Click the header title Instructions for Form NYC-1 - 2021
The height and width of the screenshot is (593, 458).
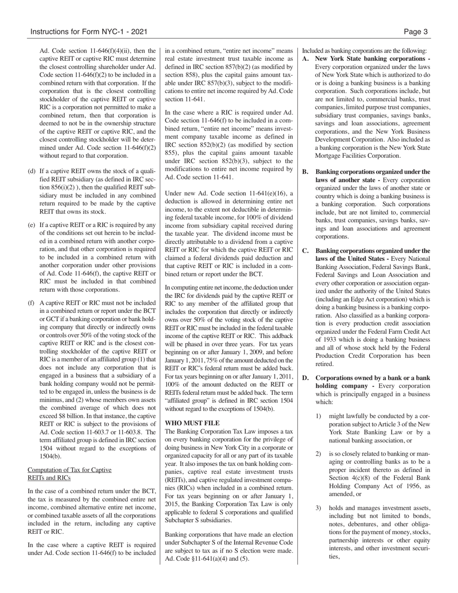89,32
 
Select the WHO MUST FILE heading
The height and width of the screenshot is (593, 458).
192,423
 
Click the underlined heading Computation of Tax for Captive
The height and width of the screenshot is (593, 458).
69,470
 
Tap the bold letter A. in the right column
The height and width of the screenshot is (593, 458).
306,59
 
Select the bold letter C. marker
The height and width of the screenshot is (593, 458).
306,251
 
